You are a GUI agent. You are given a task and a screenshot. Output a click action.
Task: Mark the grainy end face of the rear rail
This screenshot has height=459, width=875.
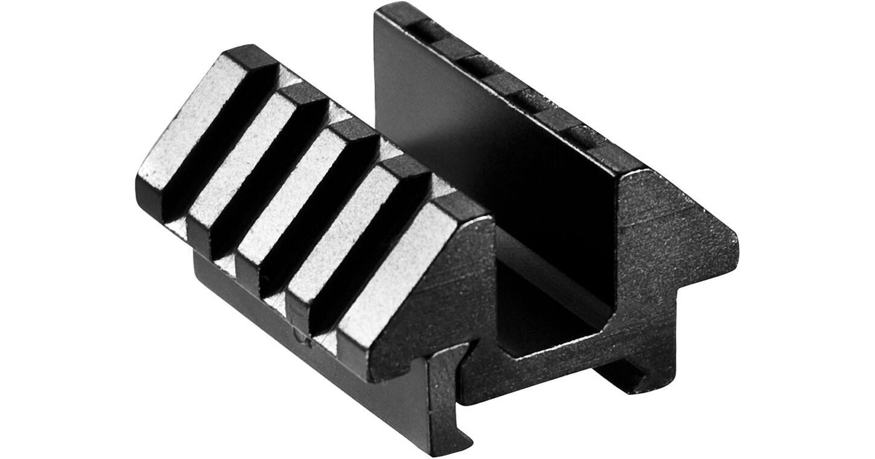click(x=659, y=254)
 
